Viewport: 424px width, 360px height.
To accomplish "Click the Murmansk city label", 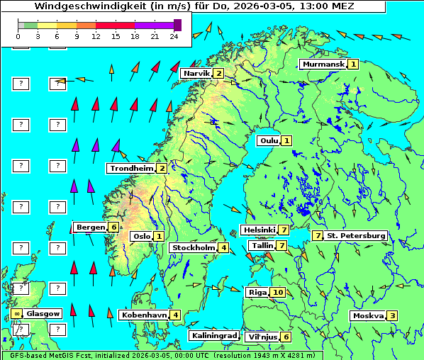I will pyautogui.click(x=323, y=64).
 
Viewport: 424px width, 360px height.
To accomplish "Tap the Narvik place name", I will pyautogui.click(x=196, y=74).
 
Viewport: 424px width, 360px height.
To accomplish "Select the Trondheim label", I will pyautogui.click(x=131, y=169).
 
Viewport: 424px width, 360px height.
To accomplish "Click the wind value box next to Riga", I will pyautogui.click(x=277, y=293).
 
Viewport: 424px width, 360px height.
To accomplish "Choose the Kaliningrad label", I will pyautogui.click(x=213, y=336).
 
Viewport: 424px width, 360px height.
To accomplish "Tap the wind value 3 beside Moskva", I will pyautogui.click(x=392, y=316).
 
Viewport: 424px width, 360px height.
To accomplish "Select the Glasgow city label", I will pyautogui.click(x=44, y=313).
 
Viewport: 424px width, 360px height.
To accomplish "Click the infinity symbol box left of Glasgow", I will pyautogui.click(x=16, y=313).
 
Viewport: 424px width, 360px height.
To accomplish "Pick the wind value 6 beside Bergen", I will pyautogui.click(x=113, y=227).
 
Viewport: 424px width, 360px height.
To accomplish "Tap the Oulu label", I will pyautogui.click(x=268, y=141).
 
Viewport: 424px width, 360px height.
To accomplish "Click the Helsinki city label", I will pyautogui.click(x=259, y=230).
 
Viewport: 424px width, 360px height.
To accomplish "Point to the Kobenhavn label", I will pyautogui.click(x=145, y=315).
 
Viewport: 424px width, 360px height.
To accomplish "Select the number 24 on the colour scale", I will pyautogui.click(x=174, y=36).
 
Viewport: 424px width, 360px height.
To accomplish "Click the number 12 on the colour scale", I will pyautogui.click(x=96, y=36).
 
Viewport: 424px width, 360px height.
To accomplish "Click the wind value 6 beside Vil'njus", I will pyautogui.click(x=286, y=337).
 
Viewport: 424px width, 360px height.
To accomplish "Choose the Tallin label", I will pyautogui.click(x=262, y=246).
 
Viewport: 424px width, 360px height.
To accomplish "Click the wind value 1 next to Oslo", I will pyautogui.click(x=160, y=237).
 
